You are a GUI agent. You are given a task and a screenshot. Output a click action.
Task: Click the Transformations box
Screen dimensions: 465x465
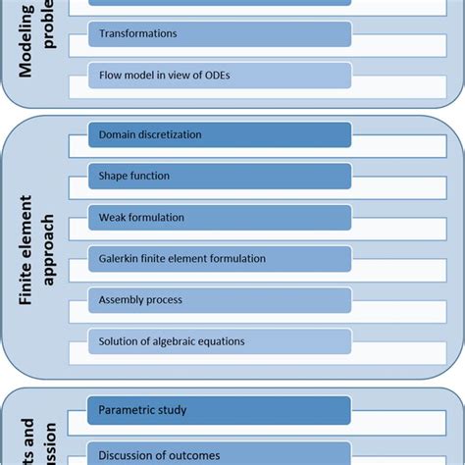point(221,33)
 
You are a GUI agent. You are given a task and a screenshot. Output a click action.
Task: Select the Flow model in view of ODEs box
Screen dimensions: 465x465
point(221,76)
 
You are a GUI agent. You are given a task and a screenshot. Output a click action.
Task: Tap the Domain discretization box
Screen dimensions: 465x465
point(221,134)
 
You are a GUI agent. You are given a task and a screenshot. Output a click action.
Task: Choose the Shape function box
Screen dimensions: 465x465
point(221,176)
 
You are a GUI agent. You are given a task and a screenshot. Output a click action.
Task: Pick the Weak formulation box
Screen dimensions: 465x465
point(221,217)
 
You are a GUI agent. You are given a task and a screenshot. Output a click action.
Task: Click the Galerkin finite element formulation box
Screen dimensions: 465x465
point(221,259)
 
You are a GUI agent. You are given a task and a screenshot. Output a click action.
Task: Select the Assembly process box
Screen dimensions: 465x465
point(221,300)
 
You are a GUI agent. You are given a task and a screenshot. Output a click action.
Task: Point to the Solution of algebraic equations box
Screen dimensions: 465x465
point(221,341)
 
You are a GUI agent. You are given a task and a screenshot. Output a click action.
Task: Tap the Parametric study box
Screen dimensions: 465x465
point(221,410)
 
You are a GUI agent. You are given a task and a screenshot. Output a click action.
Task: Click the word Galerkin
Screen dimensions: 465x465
point(119,259)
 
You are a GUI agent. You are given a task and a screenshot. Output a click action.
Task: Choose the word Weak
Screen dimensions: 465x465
point(112,217)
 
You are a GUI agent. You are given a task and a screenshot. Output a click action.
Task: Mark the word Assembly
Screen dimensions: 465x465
point(121,300)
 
